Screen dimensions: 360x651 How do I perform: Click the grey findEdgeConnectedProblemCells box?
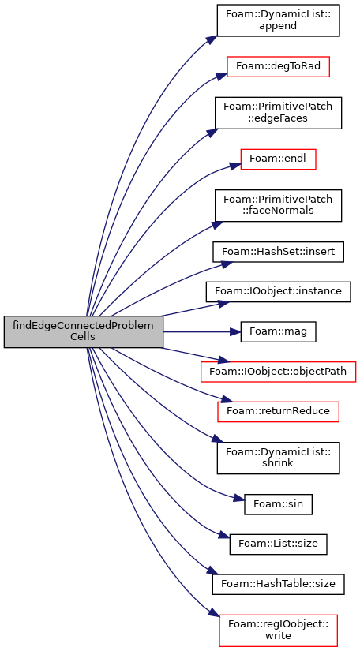click(x=84, y=331)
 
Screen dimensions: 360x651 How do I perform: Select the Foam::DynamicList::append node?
click(x=278, y=21)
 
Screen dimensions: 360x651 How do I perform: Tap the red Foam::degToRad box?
click(x=278, y=66)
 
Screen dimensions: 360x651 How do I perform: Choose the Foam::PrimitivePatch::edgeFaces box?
click(x=278, y=113)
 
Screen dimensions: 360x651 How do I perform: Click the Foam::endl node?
click(x=278, y=159)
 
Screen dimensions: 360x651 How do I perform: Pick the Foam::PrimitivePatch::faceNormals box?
click(x=278, y=205)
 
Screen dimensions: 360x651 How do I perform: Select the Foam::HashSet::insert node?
click(x=278, y=252)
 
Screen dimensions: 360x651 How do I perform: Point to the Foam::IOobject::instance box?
click(x=278, y=291)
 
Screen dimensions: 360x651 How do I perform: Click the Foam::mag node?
click(x=278, y=331)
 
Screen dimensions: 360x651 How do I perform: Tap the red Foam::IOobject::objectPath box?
click(x=278, y=372)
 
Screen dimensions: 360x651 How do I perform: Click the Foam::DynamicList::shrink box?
click(x=278, y=458)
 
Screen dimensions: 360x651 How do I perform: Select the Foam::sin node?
click(x=278, y=504)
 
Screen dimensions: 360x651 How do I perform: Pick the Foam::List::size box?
click(x=278, y=544)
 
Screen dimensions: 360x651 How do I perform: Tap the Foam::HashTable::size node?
click(x=278, y=584)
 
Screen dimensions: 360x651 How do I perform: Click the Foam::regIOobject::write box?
click(x=278, y=630)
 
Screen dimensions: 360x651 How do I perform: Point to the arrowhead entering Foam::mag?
click(x=236, y=331)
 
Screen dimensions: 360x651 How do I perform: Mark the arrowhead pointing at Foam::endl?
click(x=236, y=165)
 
